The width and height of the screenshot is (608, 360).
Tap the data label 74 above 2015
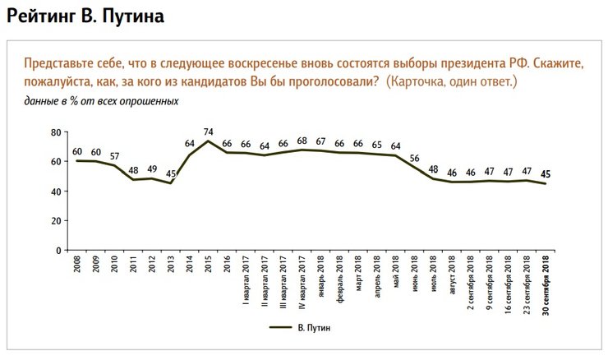[208, 132]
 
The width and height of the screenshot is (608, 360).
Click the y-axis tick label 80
[57, 132]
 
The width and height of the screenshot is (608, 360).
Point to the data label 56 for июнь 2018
[414, 159]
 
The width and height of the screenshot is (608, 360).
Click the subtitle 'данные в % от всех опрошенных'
[101, 101]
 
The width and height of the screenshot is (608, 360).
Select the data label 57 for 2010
[114, 156]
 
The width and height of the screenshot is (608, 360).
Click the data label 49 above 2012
[151, 170]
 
